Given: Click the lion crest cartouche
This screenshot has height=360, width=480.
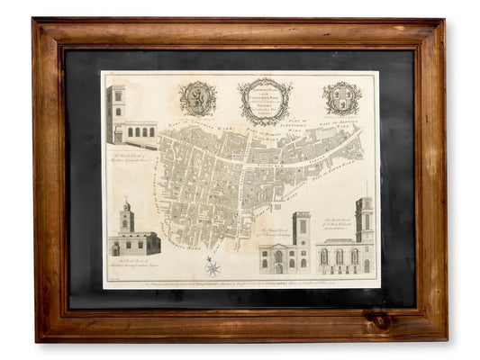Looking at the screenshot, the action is pyautogui.click(x=198, y=99).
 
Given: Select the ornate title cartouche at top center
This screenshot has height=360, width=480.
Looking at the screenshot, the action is pyautogui.click(x=265, y=101).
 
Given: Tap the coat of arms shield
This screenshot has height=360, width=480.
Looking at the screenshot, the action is pyautogui.click(x=342, y=98).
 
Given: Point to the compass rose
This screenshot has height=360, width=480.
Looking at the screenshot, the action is pyautogui.click(x=214, y=265).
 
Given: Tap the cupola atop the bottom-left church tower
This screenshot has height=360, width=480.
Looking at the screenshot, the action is pyautogui.click(x=127, y=205).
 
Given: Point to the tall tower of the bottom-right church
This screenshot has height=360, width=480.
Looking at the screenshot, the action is pyautogui.click(x=363, y=219).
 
